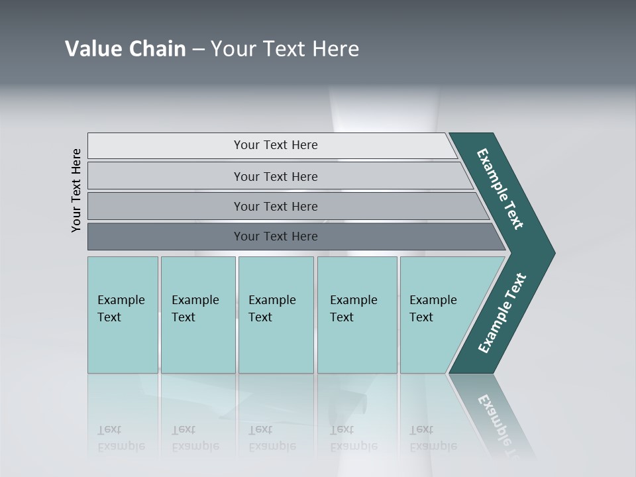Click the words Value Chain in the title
[125, 49]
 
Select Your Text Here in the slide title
[285, 49]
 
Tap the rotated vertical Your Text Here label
[76, 190]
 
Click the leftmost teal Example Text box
[123, 315]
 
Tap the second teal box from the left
[198, 315]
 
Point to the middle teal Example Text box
[276, 315]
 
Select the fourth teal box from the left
[357, 315]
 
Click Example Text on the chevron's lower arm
[502, 313]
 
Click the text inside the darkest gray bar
[276, 237]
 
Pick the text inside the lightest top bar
[276, 145]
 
